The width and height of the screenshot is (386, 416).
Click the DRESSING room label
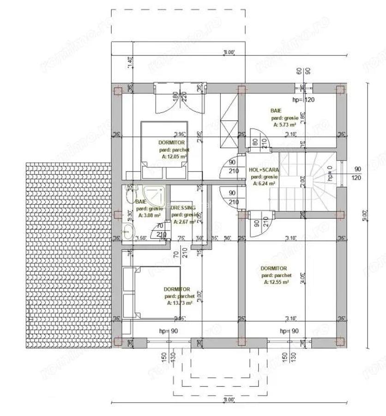(x=183, y=208)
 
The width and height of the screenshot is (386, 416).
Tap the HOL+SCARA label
(x=264, y=170)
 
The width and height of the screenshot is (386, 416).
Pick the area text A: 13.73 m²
(x=180, y=303)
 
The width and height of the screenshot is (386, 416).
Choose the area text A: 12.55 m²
(x=276, y=281)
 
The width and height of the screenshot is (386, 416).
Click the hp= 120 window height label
(x=303, y=99)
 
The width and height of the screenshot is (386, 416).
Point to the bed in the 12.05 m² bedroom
(x=164, y=149)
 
